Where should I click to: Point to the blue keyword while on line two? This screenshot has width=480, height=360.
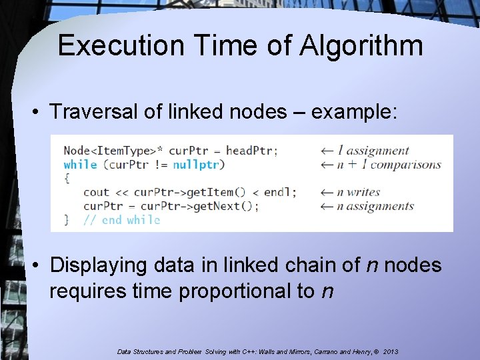(80, 165)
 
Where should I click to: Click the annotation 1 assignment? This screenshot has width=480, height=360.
(373, 151)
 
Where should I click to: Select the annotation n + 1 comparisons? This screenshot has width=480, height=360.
(389, 165)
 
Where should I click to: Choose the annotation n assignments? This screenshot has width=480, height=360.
(375, 206)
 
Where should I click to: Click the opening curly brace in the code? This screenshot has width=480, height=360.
(67, 178)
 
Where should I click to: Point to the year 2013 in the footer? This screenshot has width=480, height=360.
(389, 351)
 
